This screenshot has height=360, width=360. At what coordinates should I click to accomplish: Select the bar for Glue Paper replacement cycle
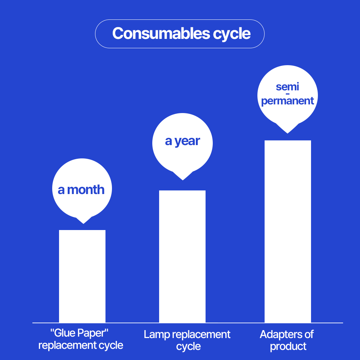click(82, 276)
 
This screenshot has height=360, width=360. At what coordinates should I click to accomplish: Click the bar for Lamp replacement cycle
click(182, 256)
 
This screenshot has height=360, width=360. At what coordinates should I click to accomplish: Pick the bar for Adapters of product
click(288, 231)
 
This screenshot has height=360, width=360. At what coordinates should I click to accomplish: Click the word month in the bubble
click(86, 190)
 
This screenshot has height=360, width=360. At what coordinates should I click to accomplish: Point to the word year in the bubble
click(187, 141)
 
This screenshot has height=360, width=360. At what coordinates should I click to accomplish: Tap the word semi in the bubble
click(287, 87)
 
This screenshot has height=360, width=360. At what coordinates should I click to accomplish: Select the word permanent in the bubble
click(287, 101)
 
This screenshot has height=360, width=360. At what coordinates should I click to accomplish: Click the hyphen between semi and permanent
click(288, 94)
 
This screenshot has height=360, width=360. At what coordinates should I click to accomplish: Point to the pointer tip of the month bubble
click(84, 224)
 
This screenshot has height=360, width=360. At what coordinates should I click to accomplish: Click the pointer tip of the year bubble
click(183, 180)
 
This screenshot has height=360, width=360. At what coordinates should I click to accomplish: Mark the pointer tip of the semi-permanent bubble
click(287, 134)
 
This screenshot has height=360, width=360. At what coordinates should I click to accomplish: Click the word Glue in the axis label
click(61, 333)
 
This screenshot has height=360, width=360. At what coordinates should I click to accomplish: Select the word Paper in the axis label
click(93, 333)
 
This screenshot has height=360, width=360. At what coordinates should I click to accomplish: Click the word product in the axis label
click(288, 347)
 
